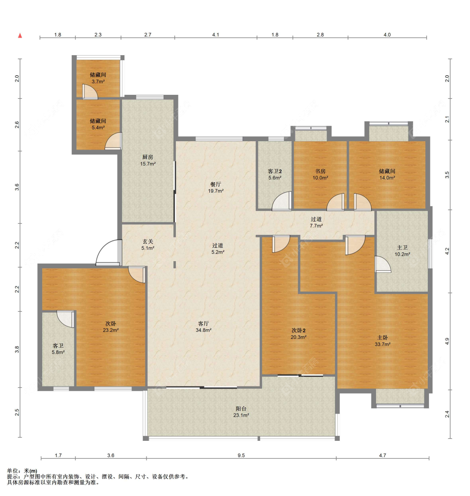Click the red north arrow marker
tap(20, 36)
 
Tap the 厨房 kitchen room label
tap(148, 157)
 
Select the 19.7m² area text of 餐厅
tap(216, 191)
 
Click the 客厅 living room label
tap(203, 323)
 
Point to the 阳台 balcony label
tap(241, 409)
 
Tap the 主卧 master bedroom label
tap(382, 338)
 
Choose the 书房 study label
tap(320, 171)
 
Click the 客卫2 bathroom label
tap(274, 171)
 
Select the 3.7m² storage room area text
tap(98, 81)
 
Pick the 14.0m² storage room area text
tap(387, 178)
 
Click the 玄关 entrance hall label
tap(148, 242)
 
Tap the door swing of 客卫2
tap(282, 201)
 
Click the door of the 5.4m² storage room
tap(113, 141)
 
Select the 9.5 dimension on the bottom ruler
tap(241, 455)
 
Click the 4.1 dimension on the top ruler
tap(216, 35)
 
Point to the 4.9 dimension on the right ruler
tap(447, 341)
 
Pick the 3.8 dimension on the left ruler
tap(17, 350)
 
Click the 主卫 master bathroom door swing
tap(383, 264)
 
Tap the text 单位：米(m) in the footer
tap(22, 471)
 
